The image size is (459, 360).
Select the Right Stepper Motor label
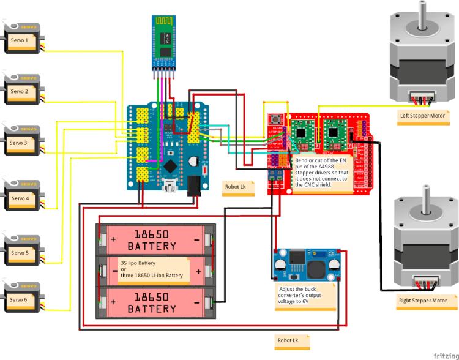pyautogui.click(x=422, y=301)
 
